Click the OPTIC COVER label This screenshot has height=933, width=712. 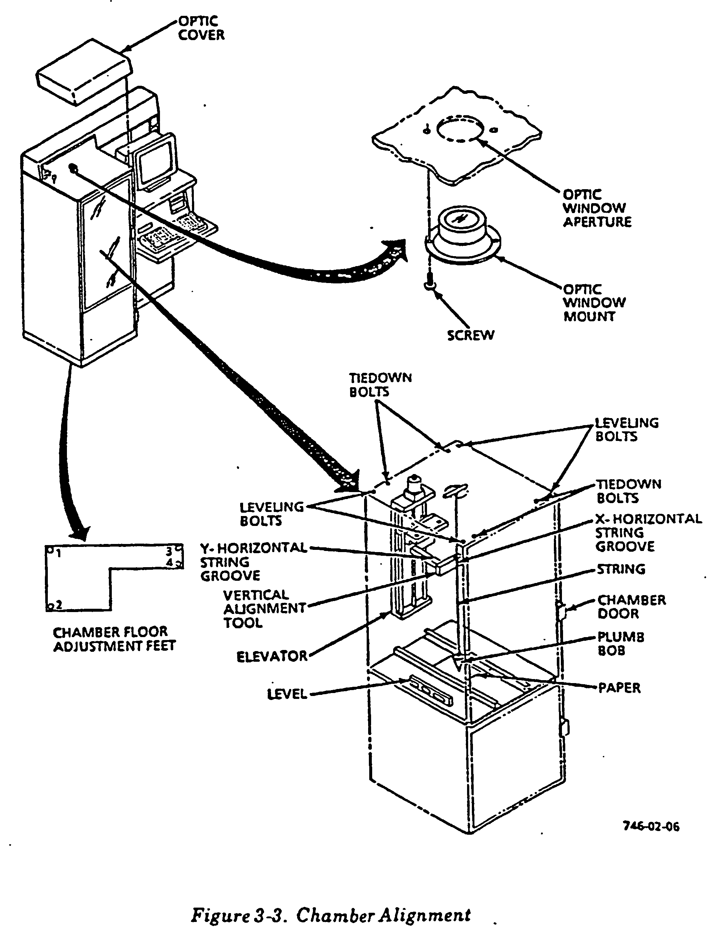click(x=201, y=28)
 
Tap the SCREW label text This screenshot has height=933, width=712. click(x=470, y=335)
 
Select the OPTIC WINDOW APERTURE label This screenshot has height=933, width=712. click(x=597, y=208)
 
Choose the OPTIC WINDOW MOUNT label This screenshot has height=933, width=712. click(x=594, y=303)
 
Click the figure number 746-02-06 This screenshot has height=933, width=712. click(x=651, y=826)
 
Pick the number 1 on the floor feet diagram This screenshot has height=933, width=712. click(x=58, y=553)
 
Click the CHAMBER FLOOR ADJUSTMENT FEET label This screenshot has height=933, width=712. click(x=114, y=639)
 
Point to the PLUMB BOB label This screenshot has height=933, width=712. click(x=620, y=643)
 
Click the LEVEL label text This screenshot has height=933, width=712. click(x=287, y=694)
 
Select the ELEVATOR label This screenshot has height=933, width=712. click(x=272, y=657)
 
